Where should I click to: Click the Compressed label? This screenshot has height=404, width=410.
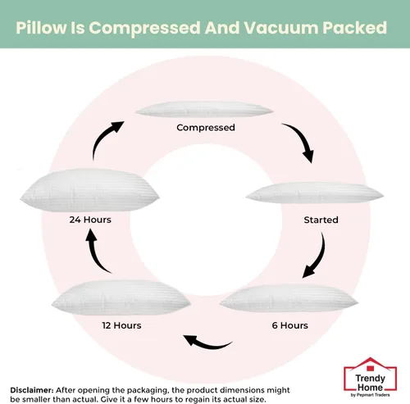point(206,128)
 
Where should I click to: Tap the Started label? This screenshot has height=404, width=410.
point(321,220)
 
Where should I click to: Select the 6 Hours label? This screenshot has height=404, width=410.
point(289,325)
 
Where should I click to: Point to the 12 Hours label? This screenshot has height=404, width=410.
point(121,325)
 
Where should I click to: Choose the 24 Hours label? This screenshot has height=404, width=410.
point(90,220)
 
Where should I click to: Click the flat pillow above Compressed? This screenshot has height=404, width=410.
point(204,110)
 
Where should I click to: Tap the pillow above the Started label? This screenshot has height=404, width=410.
point(315,193)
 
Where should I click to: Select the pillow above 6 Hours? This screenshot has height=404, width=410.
point(289,298)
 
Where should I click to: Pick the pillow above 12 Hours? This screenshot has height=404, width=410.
point(121,297)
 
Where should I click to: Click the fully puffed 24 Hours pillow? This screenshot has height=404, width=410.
point(89,190)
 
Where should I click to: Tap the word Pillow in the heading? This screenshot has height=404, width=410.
point(41,28)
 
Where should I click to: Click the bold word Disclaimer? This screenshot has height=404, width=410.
point(32,390)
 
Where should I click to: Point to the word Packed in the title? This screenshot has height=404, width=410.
point(355,28)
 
